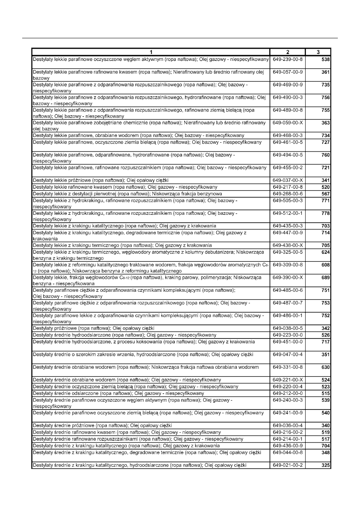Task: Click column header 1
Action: [151, 52]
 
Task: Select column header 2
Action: [287, 52]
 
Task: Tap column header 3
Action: [318, 52]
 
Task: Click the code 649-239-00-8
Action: [288, 60]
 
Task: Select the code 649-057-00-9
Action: [288, 72]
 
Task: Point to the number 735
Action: [325, 85]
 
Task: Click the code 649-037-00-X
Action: [288, 180]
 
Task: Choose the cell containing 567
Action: [325, 193]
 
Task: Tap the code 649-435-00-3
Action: [288, 226]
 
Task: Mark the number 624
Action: [325, 252]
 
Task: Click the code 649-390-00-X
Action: [288, 278]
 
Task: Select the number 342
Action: [325, 328]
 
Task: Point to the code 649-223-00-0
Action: [288, 335]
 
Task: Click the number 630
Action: [325, 367]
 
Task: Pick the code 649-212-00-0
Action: [288, 393]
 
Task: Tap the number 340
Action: [325, 426]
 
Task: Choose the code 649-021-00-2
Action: [288, 465]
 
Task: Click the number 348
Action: [325, 453]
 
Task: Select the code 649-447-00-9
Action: [288, 233]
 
